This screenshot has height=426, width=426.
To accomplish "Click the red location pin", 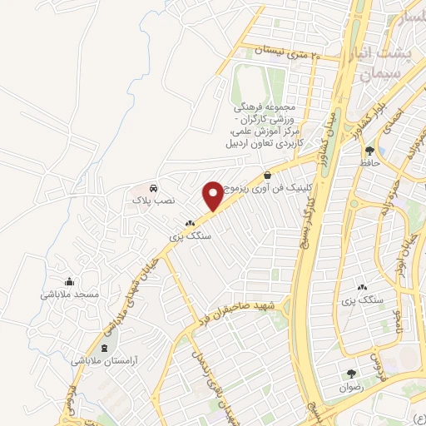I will pos(212,195).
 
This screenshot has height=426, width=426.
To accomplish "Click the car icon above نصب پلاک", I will pos(152,188).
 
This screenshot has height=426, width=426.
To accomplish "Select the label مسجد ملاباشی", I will pos(70,294).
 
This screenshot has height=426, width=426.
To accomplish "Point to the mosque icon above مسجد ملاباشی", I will pos(69,281).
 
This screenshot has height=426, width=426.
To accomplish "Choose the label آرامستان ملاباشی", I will pos(104,362).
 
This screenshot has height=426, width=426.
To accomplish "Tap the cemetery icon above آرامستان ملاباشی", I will pos(104,349).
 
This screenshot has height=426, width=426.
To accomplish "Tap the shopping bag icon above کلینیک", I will pos(267,176).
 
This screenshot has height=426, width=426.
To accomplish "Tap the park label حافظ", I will pos(369,163).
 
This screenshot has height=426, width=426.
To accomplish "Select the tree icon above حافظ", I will pos(369,151).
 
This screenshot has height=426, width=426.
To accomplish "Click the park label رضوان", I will pos(352,387).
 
